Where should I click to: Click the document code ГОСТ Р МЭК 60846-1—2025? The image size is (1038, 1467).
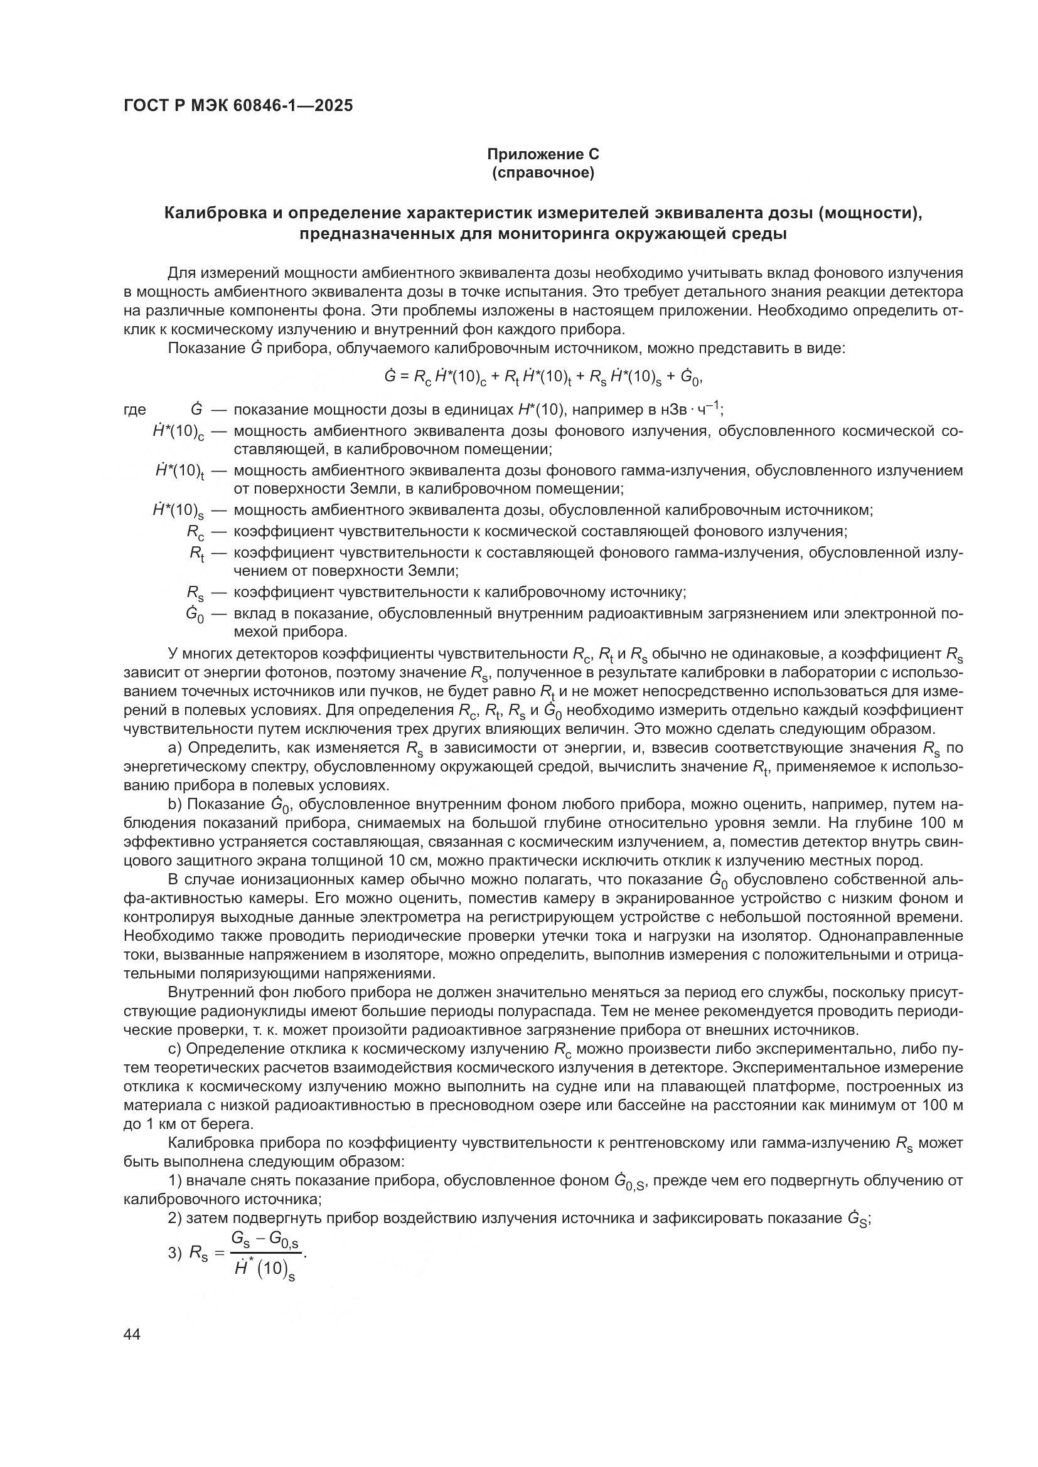(238, 106)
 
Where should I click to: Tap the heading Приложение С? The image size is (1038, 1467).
(543, 154)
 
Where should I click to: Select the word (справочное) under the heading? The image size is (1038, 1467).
(543, 172)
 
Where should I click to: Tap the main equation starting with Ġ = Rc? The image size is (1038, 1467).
(543, 377)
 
